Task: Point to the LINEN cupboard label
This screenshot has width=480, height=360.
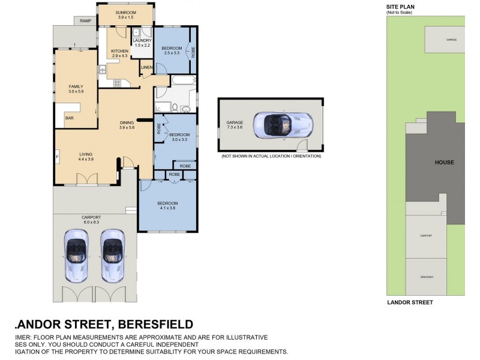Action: (146, 67)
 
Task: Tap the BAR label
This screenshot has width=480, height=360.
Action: (69, 118)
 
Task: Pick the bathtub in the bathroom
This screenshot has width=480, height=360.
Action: (182, 80)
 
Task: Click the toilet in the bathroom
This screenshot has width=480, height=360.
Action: (173, 107)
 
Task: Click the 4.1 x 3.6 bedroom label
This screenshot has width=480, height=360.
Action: (168, 206)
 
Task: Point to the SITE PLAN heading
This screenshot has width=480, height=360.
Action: (400, 7)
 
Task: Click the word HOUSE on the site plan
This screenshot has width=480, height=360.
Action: (445, 162)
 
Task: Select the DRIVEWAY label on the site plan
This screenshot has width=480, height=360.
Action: (426, 277)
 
